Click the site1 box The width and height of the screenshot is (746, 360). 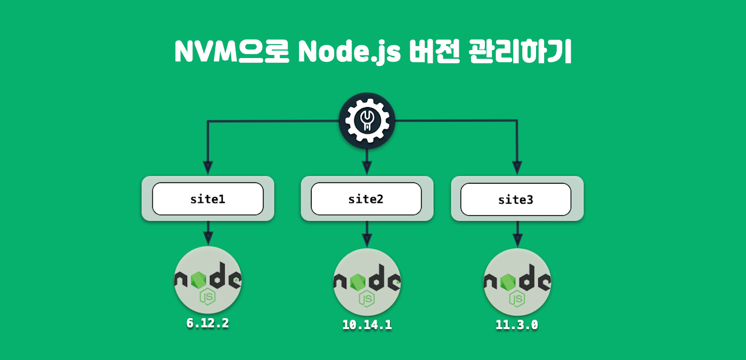tap(208, 199)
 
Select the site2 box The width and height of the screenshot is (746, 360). tap(366, 199)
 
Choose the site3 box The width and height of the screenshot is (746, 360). tap(516, 199)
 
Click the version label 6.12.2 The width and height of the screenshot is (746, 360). tap(208, 323)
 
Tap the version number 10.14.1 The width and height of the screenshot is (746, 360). tap(367, 324)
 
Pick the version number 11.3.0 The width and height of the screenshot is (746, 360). tap(516, 324)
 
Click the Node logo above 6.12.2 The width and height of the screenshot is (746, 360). tap(208, 280)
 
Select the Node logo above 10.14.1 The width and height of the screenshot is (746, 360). tap(367, 282)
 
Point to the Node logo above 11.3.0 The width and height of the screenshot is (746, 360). tap(517, 282)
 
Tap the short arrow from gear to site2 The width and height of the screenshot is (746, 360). tap(367, 160)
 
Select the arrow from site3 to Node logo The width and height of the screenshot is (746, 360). tap(516, 234)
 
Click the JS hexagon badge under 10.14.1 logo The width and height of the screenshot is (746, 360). tap(367, 299)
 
